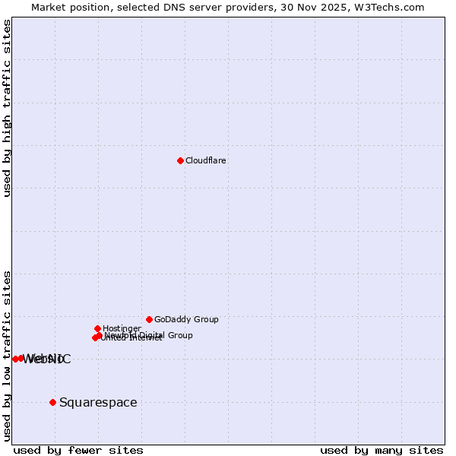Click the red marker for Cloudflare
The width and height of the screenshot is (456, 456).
pyautogui.click(x=180, y=160)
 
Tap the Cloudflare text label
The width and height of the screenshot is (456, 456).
pyautogui.click(x=206, y=160)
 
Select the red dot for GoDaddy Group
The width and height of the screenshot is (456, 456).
pyautogui.click(x=149, y=319)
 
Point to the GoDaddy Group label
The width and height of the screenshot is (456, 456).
pyautogui.click(x=186, y=319)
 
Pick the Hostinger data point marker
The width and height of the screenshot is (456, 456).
pyautogui.click(x=97, y=328)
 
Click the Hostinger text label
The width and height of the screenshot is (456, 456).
pyautogui.click(x=122, y=328)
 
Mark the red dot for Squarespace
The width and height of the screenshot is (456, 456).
pyautogui.click(x=52, y=402)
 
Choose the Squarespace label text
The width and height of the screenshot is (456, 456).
pyautogui.click(x=98, y=402)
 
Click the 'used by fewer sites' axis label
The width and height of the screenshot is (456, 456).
pyautogui.click(x=78, y=450)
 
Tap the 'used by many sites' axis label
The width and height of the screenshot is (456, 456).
pyautogui.click(x=382, y=450)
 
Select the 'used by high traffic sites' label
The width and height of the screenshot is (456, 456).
pyautogui.click(x=7, y=108)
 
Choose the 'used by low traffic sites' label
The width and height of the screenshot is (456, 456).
pyautogui.click(x=7, y=355)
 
